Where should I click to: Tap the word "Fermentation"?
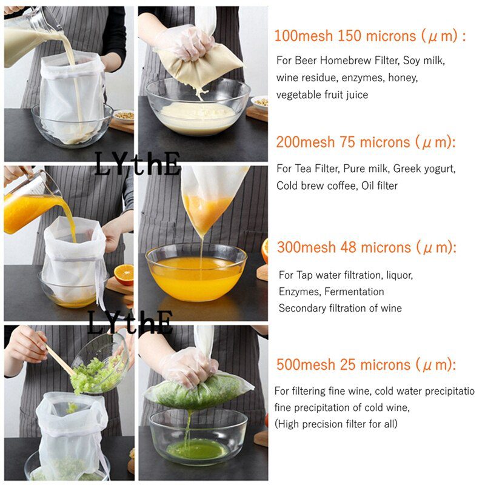tap(354, 292)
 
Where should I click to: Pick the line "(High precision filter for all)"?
tap(336, 424)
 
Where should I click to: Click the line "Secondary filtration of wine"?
tap(340, 308)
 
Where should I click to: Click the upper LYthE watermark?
tap(137, 164)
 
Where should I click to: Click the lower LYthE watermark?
tap(130, 323)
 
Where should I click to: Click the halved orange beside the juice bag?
tap(124, 275)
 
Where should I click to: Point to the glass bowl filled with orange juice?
tap(196, 273)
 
